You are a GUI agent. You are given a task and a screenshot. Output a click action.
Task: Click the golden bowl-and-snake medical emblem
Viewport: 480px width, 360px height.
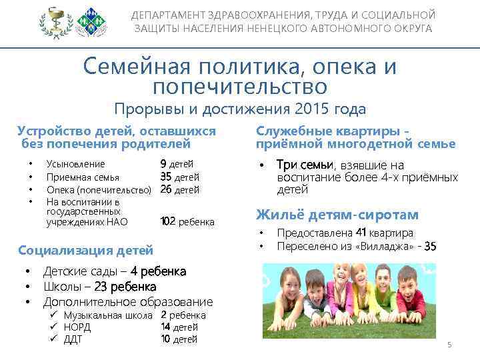[53, 23]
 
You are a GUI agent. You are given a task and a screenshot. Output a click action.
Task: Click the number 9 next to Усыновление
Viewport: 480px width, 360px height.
[163, 163]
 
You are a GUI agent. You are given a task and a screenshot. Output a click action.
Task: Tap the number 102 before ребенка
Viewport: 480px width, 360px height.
[168, 222]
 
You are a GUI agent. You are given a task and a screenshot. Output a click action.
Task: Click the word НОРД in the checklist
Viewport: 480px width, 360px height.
[77, 327]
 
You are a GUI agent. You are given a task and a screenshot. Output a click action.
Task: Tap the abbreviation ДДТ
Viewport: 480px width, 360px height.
[73, 339]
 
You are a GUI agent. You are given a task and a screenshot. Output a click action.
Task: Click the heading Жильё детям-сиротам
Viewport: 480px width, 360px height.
[338, 215]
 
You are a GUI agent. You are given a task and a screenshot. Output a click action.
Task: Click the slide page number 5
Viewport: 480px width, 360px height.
[449, 345]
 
